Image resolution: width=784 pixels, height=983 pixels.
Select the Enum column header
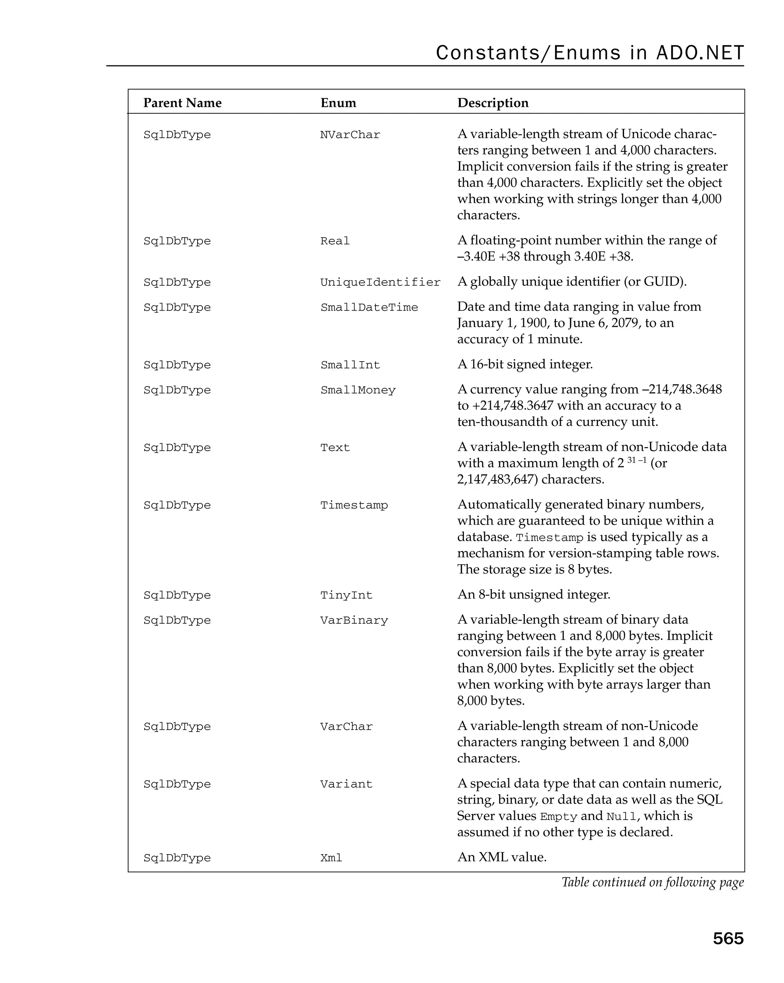pos(338,103)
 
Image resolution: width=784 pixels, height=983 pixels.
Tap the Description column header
pos(493,103)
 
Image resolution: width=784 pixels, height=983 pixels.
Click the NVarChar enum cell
pos(350,135)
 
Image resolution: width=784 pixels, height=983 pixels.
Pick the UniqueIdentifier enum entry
pos(380,283)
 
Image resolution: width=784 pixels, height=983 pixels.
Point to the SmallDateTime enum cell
pos(369,308)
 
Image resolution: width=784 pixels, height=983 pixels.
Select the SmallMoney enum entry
pos(358,390)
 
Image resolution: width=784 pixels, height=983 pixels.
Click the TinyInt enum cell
pos(346,595)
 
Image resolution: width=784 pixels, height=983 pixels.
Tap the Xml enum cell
pos(331,858)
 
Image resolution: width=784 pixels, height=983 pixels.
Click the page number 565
pos(727,938)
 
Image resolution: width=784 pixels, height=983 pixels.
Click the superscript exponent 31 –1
pos(637,460)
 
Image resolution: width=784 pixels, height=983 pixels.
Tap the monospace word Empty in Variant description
pos(558,817)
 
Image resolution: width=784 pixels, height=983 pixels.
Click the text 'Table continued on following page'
pos(652,882)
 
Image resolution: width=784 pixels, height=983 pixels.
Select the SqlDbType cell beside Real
pos(177,241)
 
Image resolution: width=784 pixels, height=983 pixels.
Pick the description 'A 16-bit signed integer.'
pos(524,364)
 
